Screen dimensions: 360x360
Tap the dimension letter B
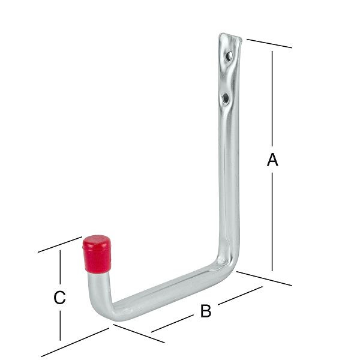[x=205, y=311]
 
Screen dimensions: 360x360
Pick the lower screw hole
[x=224, y=97]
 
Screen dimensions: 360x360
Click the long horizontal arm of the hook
[x=168, y=286]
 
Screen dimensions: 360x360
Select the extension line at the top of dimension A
[x=269, y=43]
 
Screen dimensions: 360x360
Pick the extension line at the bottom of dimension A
[x=264, y=278]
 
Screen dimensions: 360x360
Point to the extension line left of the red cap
[x=60, y=245]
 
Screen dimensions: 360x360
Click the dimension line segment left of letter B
[x=174, y=325]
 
